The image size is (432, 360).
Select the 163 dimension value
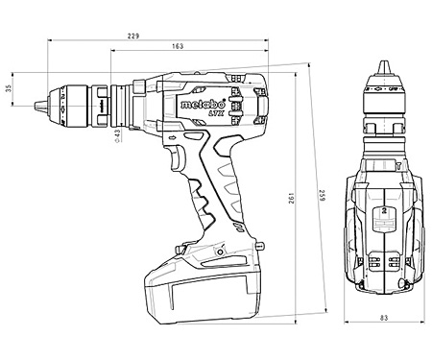click(180, 46)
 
